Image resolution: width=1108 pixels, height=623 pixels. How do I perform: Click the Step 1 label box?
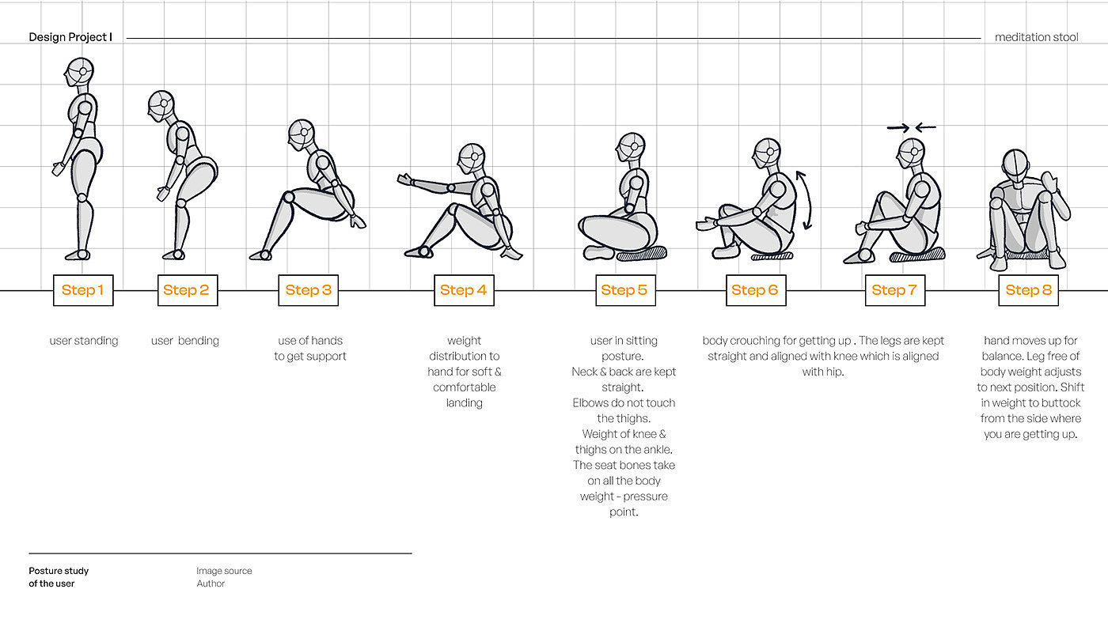pos(83,290)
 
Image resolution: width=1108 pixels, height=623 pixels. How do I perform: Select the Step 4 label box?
pos(463,290)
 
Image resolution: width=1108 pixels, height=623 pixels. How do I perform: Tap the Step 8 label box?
pos(1028,290)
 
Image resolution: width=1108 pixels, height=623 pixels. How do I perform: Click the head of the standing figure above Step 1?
pos(78,73)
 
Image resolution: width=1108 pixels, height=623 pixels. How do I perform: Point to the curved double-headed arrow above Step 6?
pos(805,200)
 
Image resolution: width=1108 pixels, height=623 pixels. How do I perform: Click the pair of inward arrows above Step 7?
pos(911,126)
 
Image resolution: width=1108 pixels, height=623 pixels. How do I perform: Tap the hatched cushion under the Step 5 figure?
pos(641,254)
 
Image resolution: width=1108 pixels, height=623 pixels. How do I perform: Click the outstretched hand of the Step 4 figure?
pos(404,180)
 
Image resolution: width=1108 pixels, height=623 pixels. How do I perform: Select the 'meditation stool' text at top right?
pos(1036,37)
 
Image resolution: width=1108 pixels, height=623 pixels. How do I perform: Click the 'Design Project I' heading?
pos(70,37)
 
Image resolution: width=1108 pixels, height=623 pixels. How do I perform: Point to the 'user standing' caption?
pos(83,341)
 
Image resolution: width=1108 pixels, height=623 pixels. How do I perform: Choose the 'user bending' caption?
pos(185,341)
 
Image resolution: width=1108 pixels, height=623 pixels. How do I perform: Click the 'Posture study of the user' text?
pos(59,577)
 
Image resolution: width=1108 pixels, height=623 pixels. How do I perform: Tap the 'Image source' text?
pos(224,571)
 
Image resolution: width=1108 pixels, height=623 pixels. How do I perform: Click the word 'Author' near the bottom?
pos(211,583)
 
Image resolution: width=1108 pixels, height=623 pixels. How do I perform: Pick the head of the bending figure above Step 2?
pos(160,104)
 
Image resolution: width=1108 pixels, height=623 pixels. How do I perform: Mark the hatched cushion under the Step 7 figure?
pos(916,255)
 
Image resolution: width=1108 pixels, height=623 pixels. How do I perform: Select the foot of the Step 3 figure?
pos(260,255)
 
